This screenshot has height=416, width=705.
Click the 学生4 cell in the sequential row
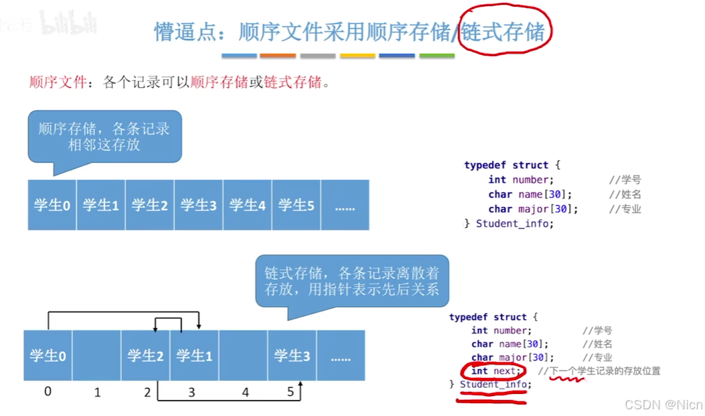[247, 205]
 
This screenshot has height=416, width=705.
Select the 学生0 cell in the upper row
[52, 205]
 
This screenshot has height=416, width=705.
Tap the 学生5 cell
[296, 205]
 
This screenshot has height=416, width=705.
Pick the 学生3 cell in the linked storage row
[292, 356]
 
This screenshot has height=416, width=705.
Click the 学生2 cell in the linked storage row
[145, 356]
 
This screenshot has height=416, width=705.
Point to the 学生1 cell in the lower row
[194, 356]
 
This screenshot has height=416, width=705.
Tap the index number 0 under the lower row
[48, 391]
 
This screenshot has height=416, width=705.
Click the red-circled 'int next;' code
[493, 371]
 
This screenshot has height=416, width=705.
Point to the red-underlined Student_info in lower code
[494, 385]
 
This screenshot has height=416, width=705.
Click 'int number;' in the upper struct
[521, 180]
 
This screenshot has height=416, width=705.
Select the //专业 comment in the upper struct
[625, 209]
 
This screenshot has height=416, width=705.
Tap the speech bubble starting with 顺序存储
[104, 136]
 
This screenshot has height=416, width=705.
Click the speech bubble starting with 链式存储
[351, 281]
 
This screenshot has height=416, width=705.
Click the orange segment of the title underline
[278, 56]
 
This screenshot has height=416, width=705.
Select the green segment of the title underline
[437, 56]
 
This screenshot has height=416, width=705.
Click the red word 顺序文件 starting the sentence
[58, 82]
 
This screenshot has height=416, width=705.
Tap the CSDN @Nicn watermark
[663, 405]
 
